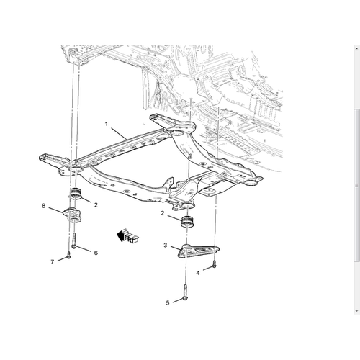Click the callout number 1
(x=107, y=124)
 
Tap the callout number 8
(x=43, y=206)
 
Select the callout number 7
(x=53, y=262)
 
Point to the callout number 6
(x=96, y=253)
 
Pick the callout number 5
(x=168, y=303)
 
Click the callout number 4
(x=198, y=273)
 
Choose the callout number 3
(x=166, y=246)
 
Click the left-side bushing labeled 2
(x=77, y=194)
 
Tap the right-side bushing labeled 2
(x=188, y=222)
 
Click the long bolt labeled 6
(x=74, y=240)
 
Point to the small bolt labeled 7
(x=69, y=255)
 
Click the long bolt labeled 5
(x=185, y=292)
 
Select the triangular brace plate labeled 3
(x=198, y=251)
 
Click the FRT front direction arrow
(x=127, y=235)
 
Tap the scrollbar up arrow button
(x=356, y=48)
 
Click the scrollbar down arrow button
(x=356, y=311)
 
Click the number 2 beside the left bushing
(x=96, y=205)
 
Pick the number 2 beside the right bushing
(x=163, y=213)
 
